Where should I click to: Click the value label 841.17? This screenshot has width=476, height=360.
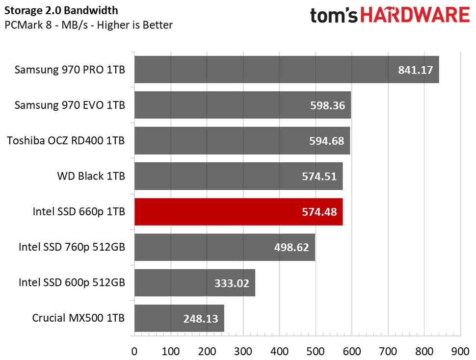pyautogui.click(x=415, y=70)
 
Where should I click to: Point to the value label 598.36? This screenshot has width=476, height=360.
pyautogui.click(x=328, y=105)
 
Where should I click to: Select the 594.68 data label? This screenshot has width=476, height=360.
pyautogui.click(x=327, y=141)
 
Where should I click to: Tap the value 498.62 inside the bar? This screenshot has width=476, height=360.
pyautogui.click(x=291, y=247)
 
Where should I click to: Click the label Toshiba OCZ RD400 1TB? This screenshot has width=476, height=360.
pyautogui.click(x=66, y=141)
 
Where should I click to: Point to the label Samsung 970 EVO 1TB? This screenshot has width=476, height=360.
pyautogui.click(x=70, y=105)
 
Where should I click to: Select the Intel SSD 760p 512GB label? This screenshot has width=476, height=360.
pyautogui.click(x=72, y=247)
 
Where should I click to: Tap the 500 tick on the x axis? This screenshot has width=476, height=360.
pyautogui.click(x=316, y=351)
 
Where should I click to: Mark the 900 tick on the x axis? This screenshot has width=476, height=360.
pyautogui.click(x=460, y=351)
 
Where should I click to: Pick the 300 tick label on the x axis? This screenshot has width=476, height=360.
pyautogui.click(x=243, y=351)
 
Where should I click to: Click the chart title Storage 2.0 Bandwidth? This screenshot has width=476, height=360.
pyautogui.click(x=61, y=10)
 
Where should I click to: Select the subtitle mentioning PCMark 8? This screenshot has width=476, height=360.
pyautogui.click(x=89, y=25)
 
